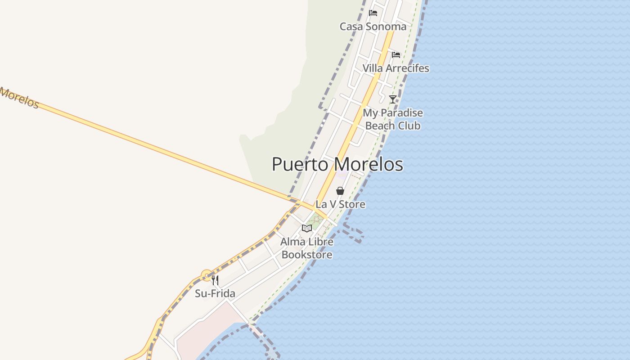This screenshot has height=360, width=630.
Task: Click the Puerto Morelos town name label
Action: click(x=337, y=164)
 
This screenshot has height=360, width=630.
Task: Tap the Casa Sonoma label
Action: click(x=373, y=27)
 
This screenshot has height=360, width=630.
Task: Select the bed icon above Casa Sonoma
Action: click(x=373, y=13)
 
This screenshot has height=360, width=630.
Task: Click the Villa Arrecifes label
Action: click(x=396, y=68)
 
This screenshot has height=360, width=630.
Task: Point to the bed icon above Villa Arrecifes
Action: click(x=396, y=55)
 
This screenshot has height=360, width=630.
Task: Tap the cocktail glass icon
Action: click(x=393, y=99)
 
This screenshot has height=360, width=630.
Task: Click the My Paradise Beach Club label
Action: click(x=393, y=119)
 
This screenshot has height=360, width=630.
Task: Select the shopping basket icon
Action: click(x=340, y=191)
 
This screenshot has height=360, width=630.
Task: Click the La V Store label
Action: click(x=340, y=204)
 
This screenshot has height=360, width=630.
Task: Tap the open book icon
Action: click(x=307, y=228)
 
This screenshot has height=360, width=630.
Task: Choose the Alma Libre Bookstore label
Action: click(x=307, y=248)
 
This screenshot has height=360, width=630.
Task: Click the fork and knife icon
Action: click(x=215, y=280)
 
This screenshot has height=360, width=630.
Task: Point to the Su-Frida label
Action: click(x=215, y=294)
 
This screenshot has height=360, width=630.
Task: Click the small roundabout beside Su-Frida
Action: click(x=206, y=274)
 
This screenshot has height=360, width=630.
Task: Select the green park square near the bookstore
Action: click(x=316, y=221)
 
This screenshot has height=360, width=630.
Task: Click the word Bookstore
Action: click(x=307, y=255)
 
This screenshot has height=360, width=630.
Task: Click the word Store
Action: click(x=352, y=204)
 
